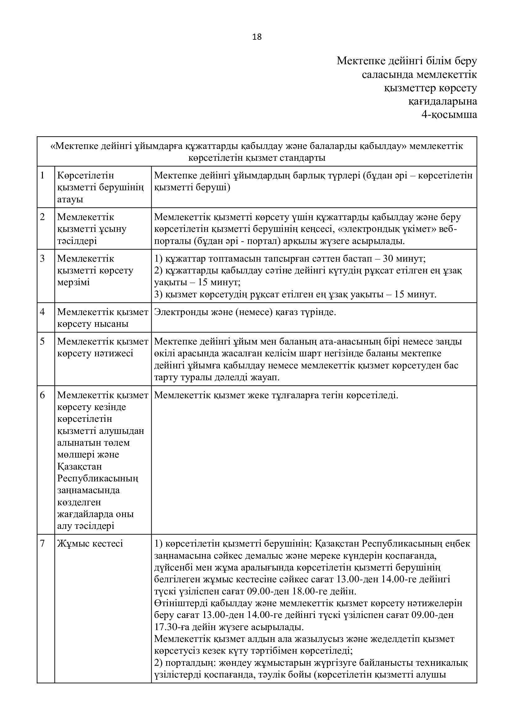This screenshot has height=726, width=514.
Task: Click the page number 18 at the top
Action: coord(257,37)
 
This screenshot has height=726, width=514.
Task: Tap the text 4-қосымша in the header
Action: coord(449,115)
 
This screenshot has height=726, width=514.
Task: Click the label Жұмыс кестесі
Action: coord(90,543)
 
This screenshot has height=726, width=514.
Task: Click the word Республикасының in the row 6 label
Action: coord(98,478)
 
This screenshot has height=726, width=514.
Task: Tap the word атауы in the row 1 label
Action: coord(70,199)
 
